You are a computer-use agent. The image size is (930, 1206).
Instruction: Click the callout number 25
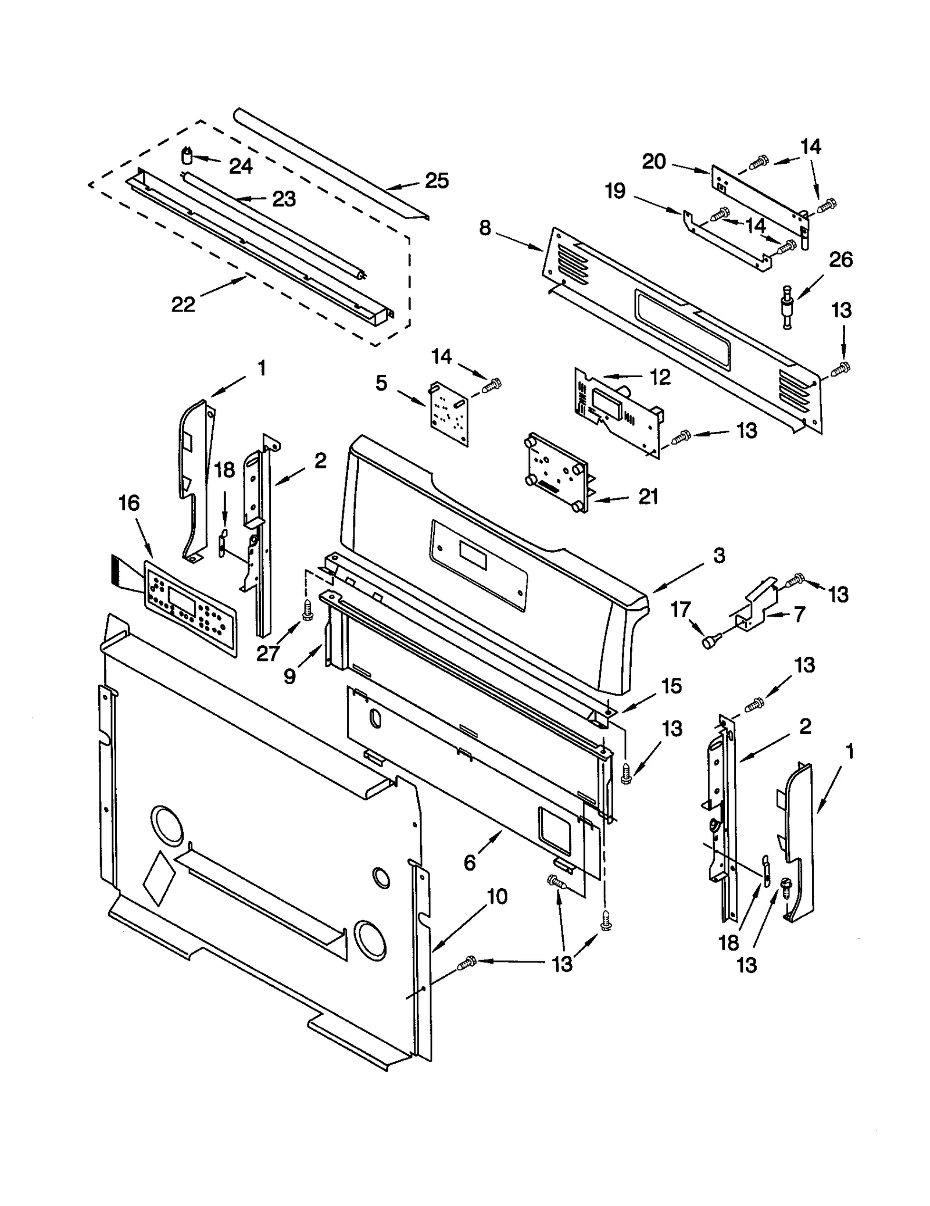[x=437, y=181]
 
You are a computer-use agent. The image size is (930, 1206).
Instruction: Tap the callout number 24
[x=241, y=166]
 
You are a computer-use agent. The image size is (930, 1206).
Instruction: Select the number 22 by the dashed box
[x=183, y=303]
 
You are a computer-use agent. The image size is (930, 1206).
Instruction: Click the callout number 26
[x=840, y=259]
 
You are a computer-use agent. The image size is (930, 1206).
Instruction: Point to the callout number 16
[x=129, y=503]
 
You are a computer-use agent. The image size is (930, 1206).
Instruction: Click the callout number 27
[x=268, y=653]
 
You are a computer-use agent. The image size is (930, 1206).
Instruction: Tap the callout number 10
[x=497, y=896]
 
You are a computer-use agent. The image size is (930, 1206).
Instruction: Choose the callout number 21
[x=648, y=496]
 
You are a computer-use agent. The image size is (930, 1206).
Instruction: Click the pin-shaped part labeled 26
[x=788, y=305]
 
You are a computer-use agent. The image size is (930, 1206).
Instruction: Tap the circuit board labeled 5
[x=449, y=413]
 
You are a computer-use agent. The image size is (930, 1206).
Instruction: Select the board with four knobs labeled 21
[x=556, y=472]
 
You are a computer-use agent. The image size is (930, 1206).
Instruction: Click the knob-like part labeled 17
[x=709, y=641]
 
